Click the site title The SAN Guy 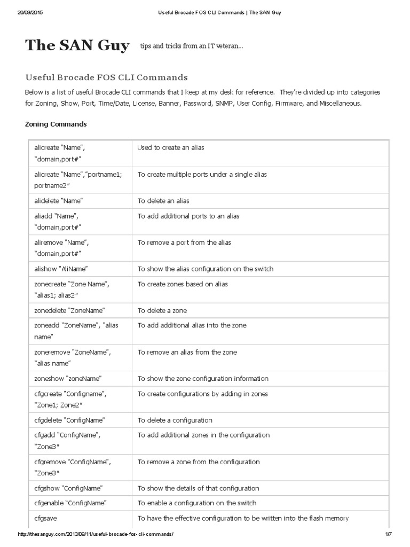coord(77,46)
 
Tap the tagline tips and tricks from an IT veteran coord(192,47)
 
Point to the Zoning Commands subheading coord(56,124)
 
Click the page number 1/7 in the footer coord(388,534)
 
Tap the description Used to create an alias coord(171,147)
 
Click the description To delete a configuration coord(175,420)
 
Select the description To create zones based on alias coord(183,284)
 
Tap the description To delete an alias coord(163,201)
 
